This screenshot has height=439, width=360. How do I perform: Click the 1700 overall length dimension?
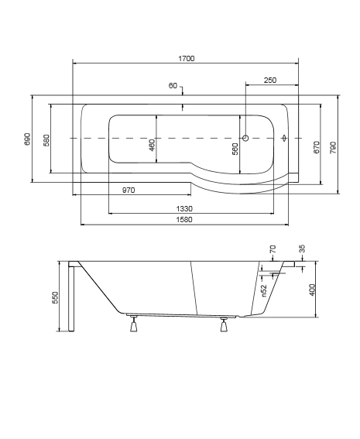187,59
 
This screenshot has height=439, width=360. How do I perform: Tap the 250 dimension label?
270,80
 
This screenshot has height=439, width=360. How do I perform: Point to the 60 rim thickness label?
173,85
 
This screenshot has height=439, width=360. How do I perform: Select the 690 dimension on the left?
27,139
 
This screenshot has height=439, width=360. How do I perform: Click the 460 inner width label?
152,145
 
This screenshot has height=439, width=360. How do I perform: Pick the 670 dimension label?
317,147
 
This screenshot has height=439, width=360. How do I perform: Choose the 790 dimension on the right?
333,148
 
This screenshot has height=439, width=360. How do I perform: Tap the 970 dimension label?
129,190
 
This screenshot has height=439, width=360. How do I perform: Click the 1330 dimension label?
184,208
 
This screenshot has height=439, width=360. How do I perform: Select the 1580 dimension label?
184,219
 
